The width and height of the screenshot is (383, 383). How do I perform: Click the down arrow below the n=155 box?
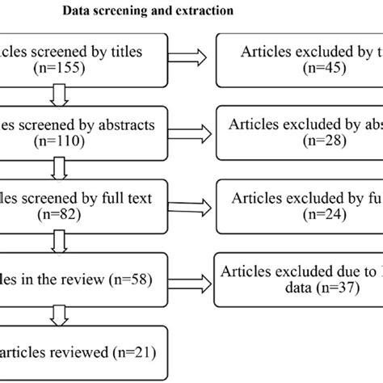click(x=57, y=95)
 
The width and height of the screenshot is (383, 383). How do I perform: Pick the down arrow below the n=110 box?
click(x=57, y=167)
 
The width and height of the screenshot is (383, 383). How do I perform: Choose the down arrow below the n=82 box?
click(x=57, y=239)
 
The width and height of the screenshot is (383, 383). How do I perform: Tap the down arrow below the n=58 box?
click(x=57, y=312)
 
